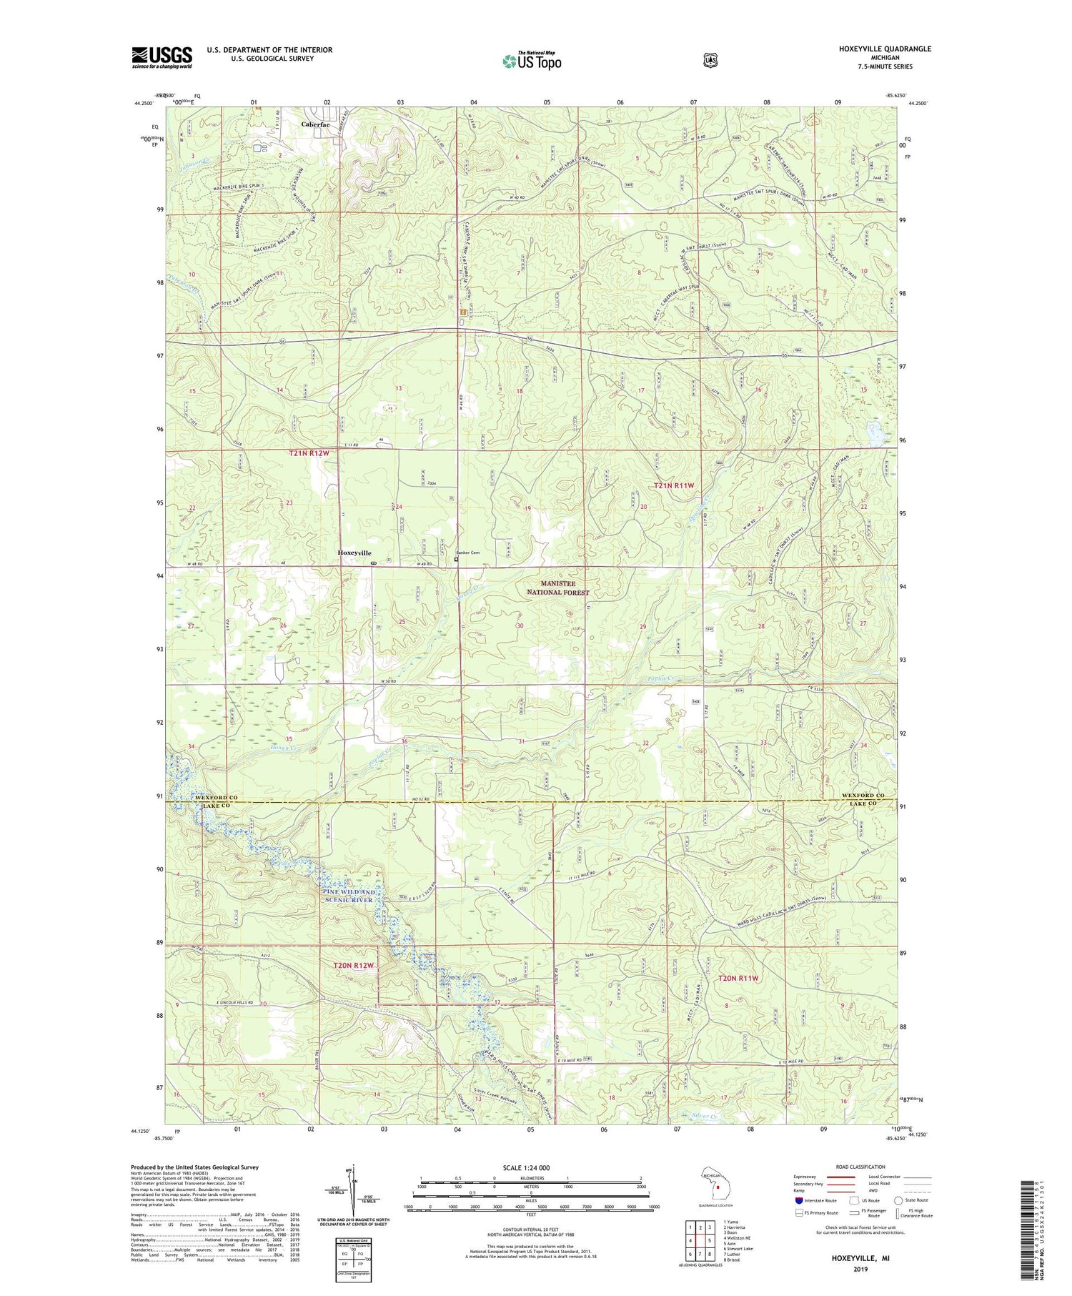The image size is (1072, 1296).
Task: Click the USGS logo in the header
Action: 162,57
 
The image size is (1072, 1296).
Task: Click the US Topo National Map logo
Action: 532,61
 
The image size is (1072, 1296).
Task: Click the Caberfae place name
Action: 315,124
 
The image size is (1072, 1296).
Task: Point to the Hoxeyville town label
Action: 354,553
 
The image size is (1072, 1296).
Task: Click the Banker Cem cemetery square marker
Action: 457,560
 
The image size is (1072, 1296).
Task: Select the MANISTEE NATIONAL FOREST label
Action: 558,588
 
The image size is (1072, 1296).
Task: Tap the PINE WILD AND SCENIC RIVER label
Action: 348,896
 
